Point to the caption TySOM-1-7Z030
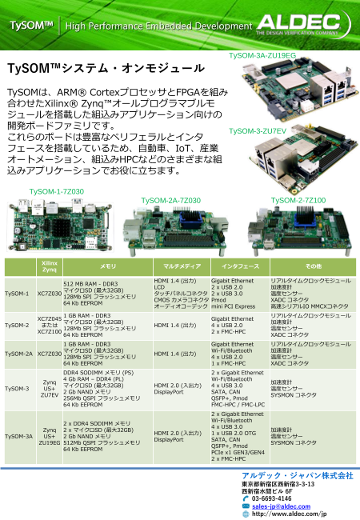(57, 192)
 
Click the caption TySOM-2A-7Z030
(170, 200)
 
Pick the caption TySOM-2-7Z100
(298, 200)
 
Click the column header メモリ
(108, 265)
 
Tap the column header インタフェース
(240, 265)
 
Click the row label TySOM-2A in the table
(18, 353)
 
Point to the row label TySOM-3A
(18, 436)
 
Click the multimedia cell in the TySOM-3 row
(178, 389)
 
